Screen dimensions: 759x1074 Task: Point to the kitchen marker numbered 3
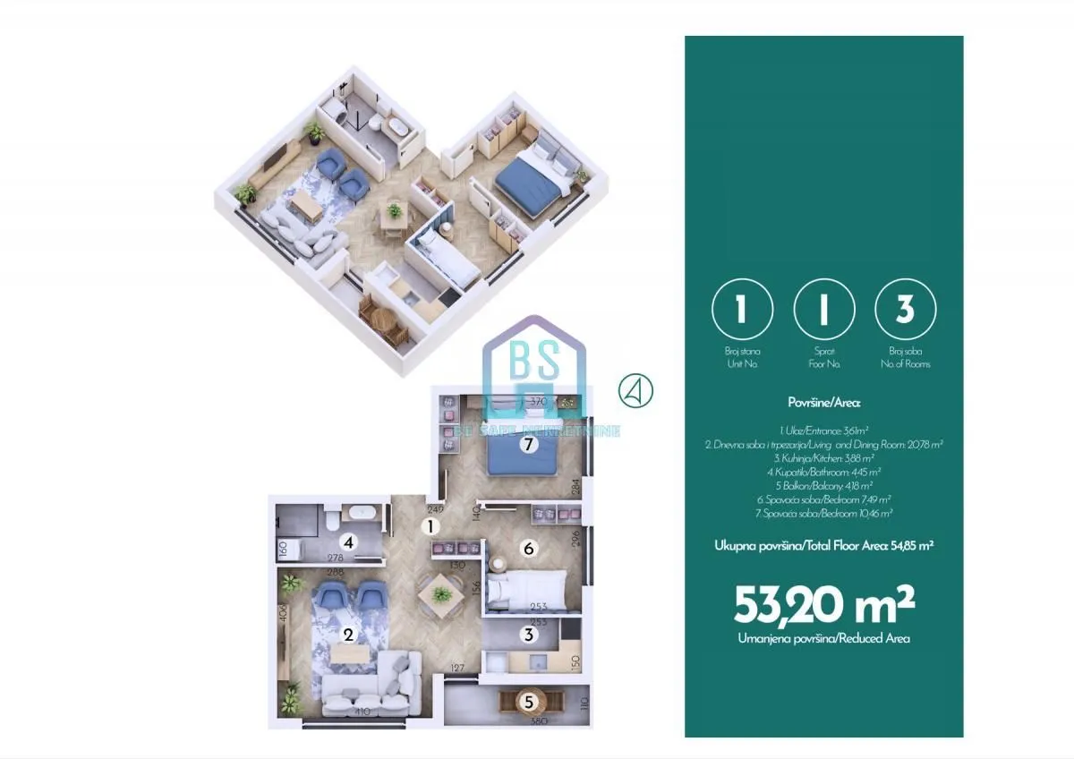[x=529, y=635]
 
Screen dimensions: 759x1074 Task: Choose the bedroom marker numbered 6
[x=529, y=549]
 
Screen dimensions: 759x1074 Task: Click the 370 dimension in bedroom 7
[x=537, y=401]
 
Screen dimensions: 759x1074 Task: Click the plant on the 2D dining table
[x=439, y=592]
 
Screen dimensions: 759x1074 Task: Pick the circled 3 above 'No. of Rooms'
[x=905, y=310]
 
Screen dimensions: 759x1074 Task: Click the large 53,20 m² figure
[x=823, y=607]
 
